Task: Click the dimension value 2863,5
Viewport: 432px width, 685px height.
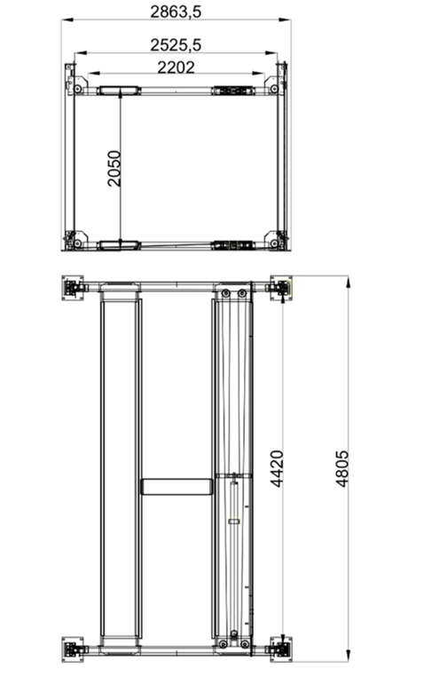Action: [x=176, y=11]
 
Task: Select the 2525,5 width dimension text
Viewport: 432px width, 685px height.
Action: [x=176, y=44]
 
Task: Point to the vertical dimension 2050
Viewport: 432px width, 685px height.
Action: [x=114, y=168]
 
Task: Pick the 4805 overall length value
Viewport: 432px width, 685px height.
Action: [x=342, y=473]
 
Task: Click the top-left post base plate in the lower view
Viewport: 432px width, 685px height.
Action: [x=73, y=288]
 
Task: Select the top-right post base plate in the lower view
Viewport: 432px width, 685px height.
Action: [x=280, y=288]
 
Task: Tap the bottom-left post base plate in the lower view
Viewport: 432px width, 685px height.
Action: [x=73, y=648]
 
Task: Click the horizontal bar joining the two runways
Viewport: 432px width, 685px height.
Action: [x=177, y=486]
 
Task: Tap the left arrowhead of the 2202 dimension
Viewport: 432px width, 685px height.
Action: [x=90, y=74]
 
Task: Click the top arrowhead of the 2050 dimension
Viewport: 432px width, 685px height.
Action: [x=121, y=95]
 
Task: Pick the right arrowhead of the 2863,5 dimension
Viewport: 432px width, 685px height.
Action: [x=289, y=20]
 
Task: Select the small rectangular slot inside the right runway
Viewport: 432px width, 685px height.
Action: [x=234, y=522]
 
